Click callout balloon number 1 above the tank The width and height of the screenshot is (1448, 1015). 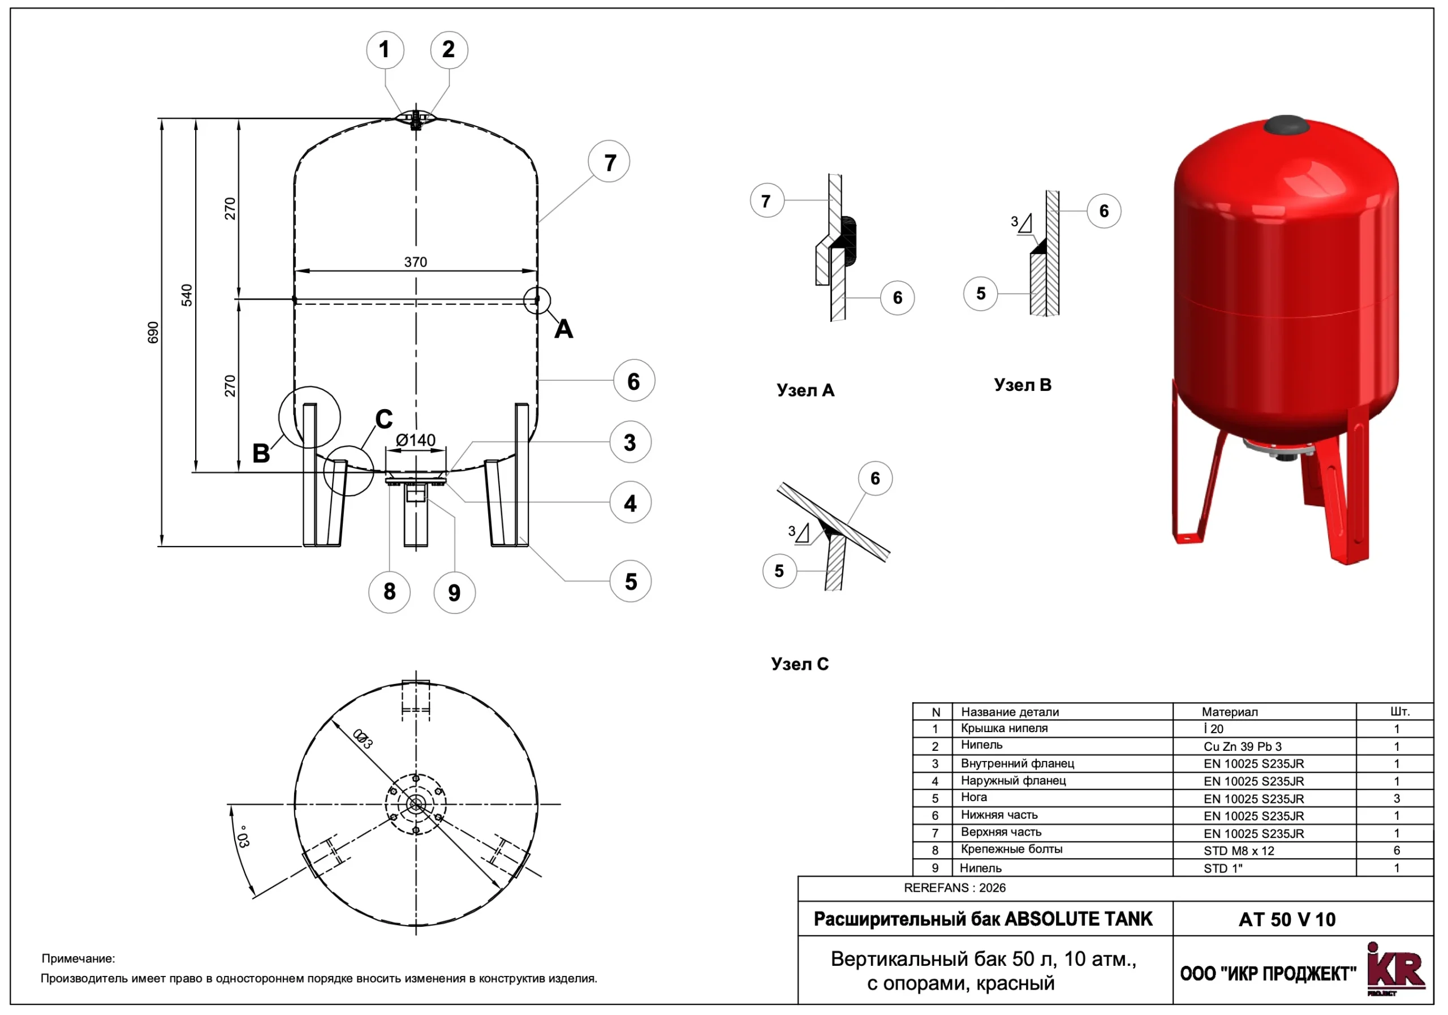pyautogui.click(x=385, y=50)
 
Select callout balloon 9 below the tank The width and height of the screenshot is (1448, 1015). pyautogui.click(x=454, y=592)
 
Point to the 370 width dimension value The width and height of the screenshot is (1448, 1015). pyautogui.click(x=416, y=262)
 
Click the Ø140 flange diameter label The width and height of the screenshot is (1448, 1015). pyautogui.click(x=416, y=440)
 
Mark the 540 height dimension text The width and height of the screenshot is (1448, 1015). pyautogui.click(x=187, y=295)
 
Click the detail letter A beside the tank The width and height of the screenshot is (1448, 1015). pyautogui.click(x=563, y=329)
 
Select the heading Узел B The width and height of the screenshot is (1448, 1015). pyautogui.click(x=1022, y=385)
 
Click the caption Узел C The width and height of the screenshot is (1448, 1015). pyautogui.click(x=800, y=664)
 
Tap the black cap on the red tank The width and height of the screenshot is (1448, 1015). pyautogui.click(x=1286, y=125)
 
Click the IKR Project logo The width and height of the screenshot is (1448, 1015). pyautogui.click(x=1395, y=971)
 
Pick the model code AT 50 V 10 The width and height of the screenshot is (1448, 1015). pyautogui.click(x=1287, y=919)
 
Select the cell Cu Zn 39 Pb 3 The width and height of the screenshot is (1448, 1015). pyautogui.click(x=1243, y=746)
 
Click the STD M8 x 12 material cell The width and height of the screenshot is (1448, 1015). pyautogui.click(x=1239, y=850)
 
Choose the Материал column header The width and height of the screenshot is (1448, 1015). pyautogui.click(x=1229, y=712)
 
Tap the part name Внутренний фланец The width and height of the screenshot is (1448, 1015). pyautogui.click(x=1017, y=763)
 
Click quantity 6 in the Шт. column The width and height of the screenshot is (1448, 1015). pyautogui.click(x=1397, y=850)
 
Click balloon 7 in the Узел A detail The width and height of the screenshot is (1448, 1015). pyautogui.click(x=766, y=201)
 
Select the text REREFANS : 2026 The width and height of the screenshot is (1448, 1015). pyautogui.click(x=954, y=888)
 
